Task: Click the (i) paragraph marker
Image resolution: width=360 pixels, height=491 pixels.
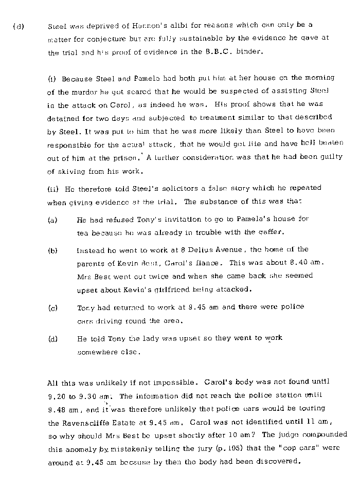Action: (52, 79)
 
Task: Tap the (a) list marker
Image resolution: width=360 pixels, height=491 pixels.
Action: (52, 220)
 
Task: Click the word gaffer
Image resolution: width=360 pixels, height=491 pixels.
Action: (267, 232)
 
